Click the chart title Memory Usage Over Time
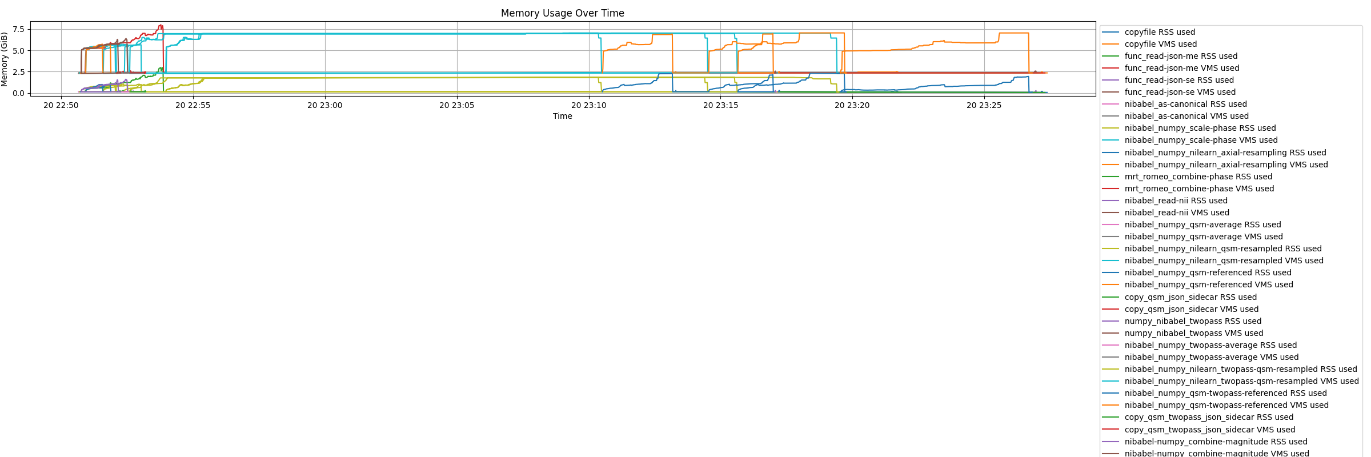point(562,13)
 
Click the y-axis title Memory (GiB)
point(5,59)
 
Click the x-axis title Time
point(562,116)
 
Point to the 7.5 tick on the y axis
point(18,29)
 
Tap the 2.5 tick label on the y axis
point(18,72)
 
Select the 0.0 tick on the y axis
point(18,93)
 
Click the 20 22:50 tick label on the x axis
point(61,105)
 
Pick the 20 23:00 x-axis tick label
point(324,105)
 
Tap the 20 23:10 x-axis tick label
point(588,105)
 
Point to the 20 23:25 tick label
point(984,105)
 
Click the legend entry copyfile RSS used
point(1160,32)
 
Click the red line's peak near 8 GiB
point(161,25)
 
